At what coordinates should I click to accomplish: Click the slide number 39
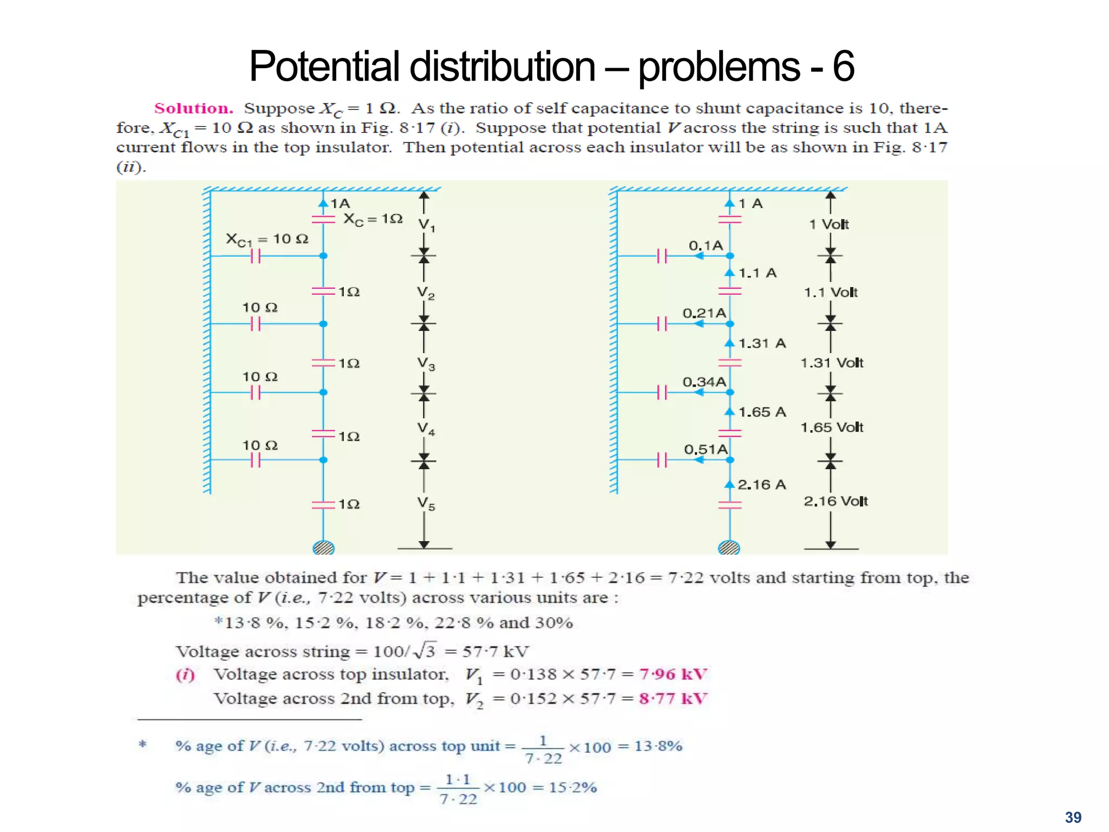coord(1073,817)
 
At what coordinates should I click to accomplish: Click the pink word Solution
coord(193,108)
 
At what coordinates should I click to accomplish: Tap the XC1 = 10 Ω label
coord(266,239)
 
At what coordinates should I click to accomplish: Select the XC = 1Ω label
coord(373,219)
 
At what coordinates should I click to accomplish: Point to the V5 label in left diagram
coord(426,504)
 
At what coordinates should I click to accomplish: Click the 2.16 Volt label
coord(835,501)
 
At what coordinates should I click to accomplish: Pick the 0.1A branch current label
coord(705,245)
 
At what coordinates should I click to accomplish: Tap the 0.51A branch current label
coord(705,449)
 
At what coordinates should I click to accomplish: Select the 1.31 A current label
coord(762,343)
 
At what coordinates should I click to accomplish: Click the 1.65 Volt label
coord(832,427)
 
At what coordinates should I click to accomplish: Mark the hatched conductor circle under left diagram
coord(323,548)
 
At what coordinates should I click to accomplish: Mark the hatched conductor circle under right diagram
coord(729,548)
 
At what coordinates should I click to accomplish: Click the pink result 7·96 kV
coord(673,674)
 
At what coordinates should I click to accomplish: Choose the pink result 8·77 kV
coord(673,699)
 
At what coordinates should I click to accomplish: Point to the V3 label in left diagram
coord(426,363)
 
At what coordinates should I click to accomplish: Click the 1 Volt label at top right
coord(829,224)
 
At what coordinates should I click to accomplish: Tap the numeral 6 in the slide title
coord(843,66)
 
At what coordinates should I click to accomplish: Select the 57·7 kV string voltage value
coord(495,651)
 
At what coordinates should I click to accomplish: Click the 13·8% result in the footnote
coord(658,746)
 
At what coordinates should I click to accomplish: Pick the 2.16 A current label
coord(761,485)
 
